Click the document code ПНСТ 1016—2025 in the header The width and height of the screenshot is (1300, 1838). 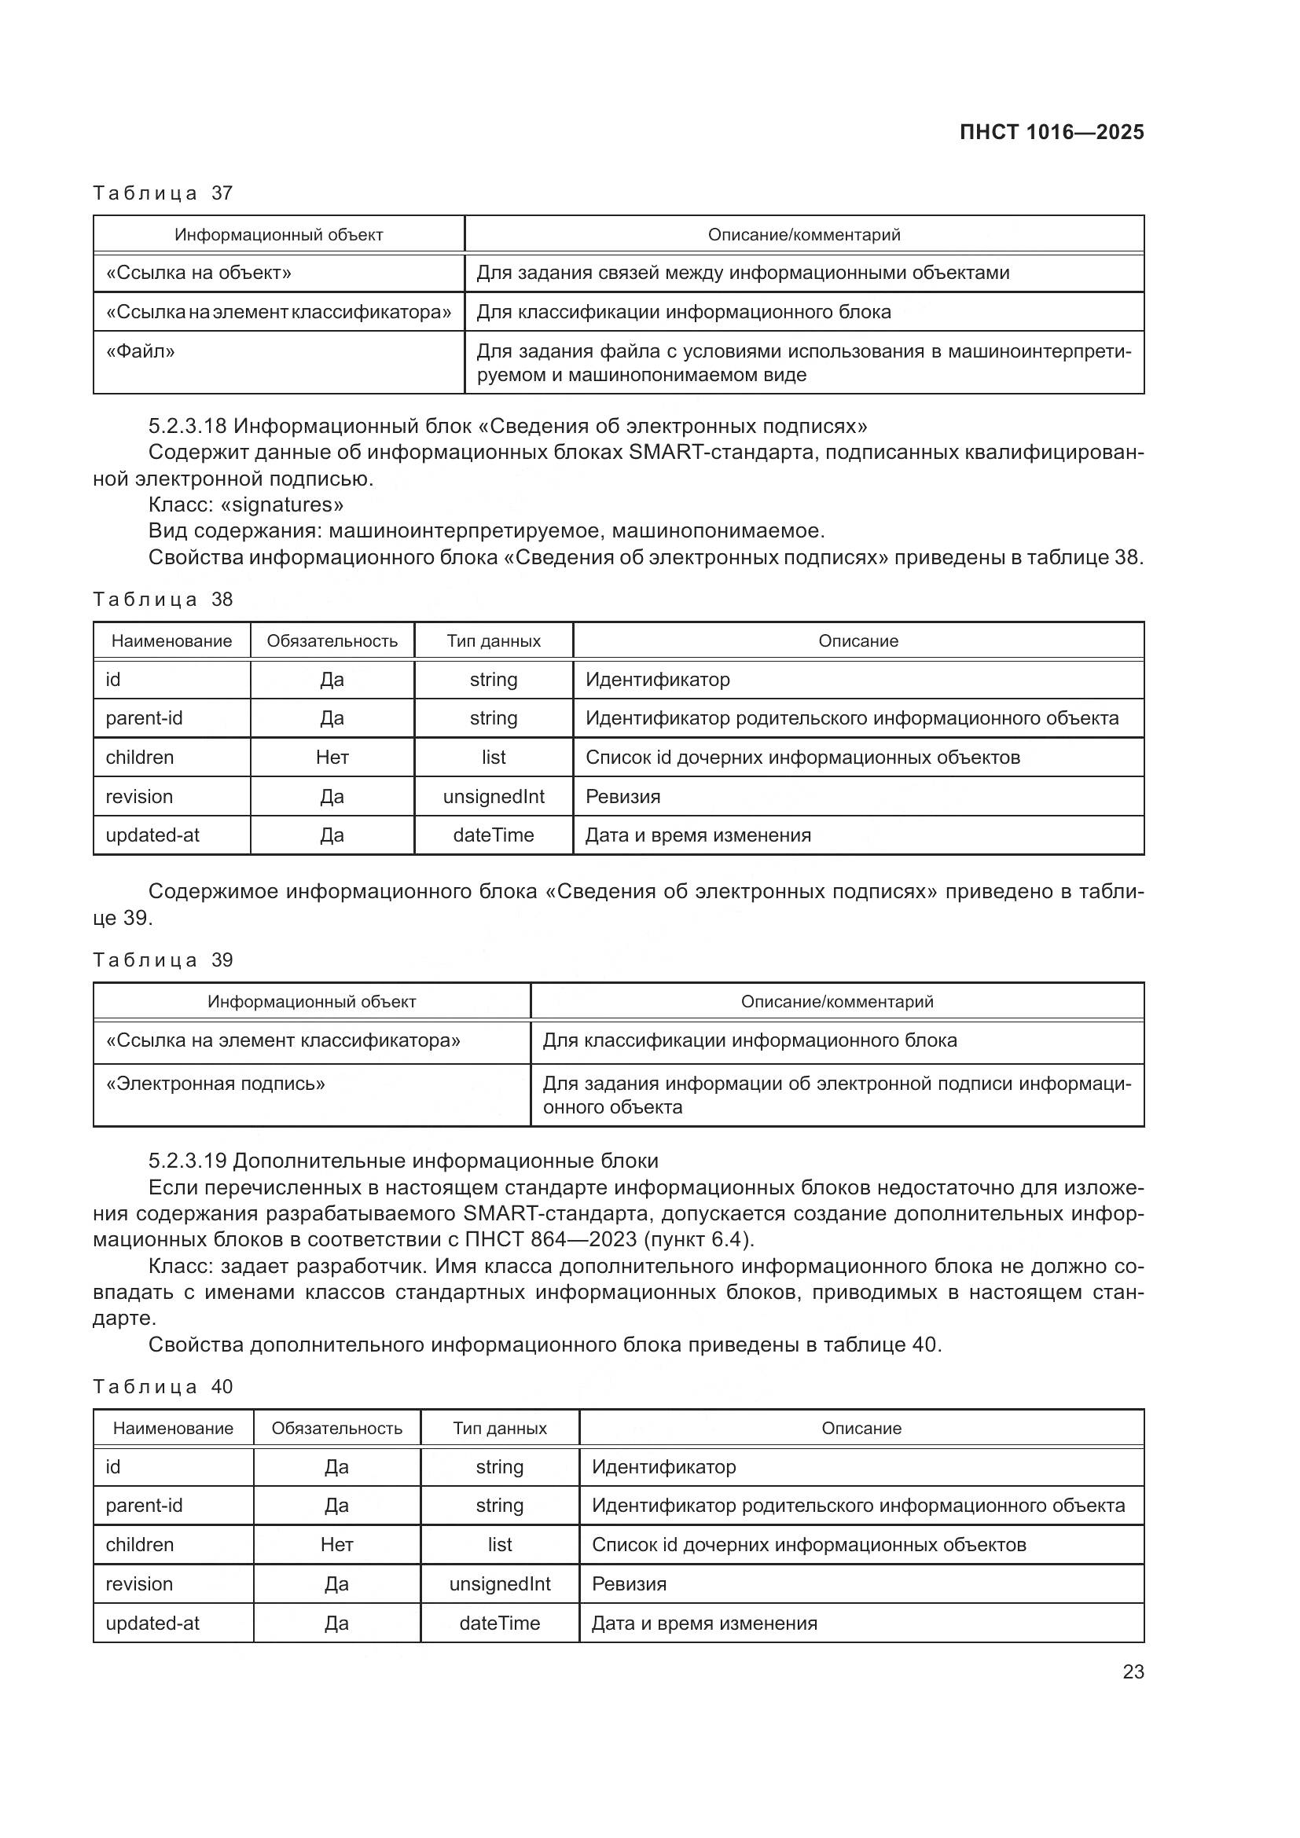1051,132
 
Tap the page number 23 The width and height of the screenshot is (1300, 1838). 1133,1671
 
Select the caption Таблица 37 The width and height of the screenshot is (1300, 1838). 163,193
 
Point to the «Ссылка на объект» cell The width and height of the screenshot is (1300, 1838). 199,273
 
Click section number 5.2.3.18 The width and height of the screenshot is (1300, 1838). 188,426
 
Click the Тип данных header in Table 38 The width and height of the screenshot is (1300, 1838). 493,641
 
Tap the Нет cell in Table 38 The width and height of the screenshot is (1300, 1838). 332,758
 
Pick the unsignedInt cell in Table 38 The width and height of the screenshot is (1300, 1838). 493,797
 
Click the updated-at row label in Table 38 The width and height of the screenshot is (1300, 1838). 152,835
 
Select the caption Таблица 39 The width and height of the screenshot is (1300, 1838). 163,959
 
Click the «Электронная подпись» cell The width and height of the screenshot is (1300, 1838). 215,1084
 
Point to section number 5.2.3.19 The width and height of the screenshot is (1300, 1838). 188,1161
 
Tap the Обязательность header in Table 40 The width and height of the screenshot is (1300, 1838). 336,1428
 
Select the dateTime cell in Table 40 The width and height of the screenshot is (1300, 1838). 500,1623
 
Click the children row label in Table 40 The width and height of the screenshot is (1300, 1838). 139,1544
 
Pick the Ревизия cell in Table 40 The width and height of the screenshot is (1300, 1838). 629,1583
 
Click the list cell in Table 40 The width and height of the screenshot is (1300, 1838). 500,1544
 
